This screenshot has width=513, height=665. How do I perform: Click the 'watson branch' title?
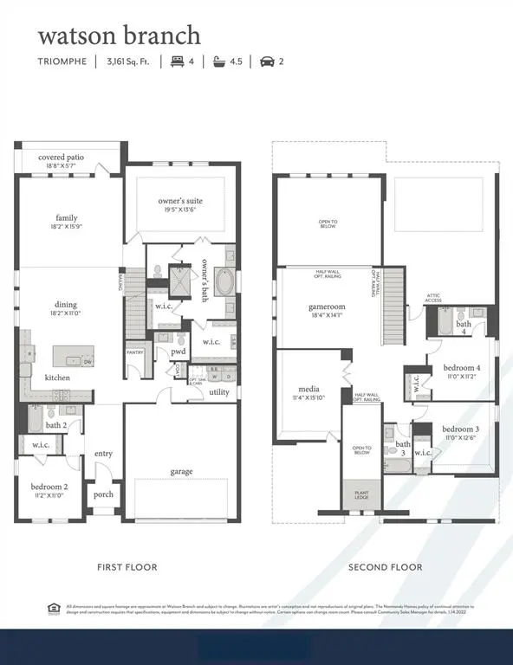[x=119, y=36]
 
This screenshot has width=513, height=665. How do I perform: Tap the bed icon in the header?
[x=178, y=61]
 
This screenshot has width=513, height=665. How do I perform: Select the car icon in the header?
[x=266, y=61]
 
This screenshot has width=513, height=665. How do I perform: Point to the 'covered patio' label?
[x=62, y=158]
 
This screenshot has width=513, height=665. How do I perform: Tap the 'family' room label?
[x=67, y=217]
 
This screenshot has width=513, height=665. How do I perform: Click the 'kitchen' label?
[x=57, y=378]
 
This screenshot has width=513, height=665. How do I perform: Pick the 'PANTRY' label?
[x=134, y=352]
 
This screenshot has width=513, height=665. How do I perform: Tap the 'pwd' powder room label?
[x=178, y=352]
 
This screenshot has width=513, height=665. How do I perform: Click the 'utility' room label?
[x=219, y=392]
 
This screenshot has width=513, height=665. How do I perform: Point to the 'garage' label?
[x=181, y=471]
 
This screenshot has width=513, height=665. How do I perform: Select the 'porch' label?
[x=104, y=495]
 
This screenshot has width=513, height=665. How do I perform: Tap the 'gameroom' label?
[x=328, y=307]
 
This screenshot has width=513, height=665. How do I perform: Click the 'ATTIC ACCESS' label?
[x=433, y=299]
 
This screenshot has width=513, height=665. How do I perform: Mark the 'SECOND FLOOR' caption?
[x=385, y=567]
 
